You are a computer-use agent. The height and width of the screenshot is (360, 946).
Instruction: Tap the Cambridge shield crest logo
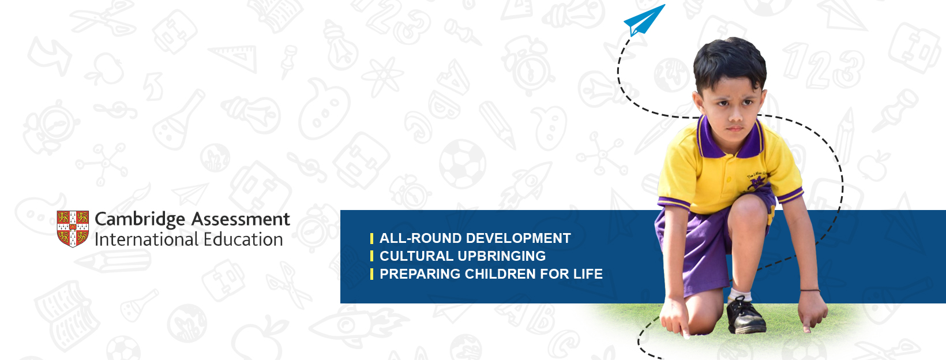[x=73, y=228]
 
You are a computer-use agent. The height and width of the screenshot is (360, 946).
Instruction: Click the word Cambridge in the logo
[x=140, y=220]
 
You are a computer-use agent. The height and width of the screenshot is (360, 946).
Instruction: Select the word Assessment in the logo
[x=241, y=219]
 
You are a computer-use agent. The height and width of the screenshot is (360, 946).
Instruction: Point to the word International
[x=147, y=239]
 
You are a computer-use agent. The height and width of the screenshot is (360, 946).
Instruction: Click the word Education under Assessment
[x=243, y=239]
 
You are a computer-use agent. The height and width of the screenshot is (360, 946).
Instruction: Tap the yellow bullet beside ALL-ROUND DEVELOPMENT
[x=371, y=238]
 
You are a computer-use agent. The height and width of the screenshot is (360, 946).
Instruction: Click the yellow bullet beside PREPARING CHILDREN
[x=371, y=274]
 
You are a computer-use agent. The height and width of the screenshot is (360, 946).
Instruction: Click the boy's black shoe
[x=745, y=316]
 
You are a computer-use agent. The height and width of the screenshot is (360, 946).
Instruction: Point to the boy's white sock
[x=739, y=294]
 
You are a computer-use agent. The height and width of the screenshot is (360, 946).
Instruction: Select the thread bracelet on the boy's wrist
[x=810, y=290]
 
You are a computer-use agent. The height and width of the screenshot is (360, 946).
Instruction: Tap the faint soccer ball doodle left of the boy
[x=463, y=164]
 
